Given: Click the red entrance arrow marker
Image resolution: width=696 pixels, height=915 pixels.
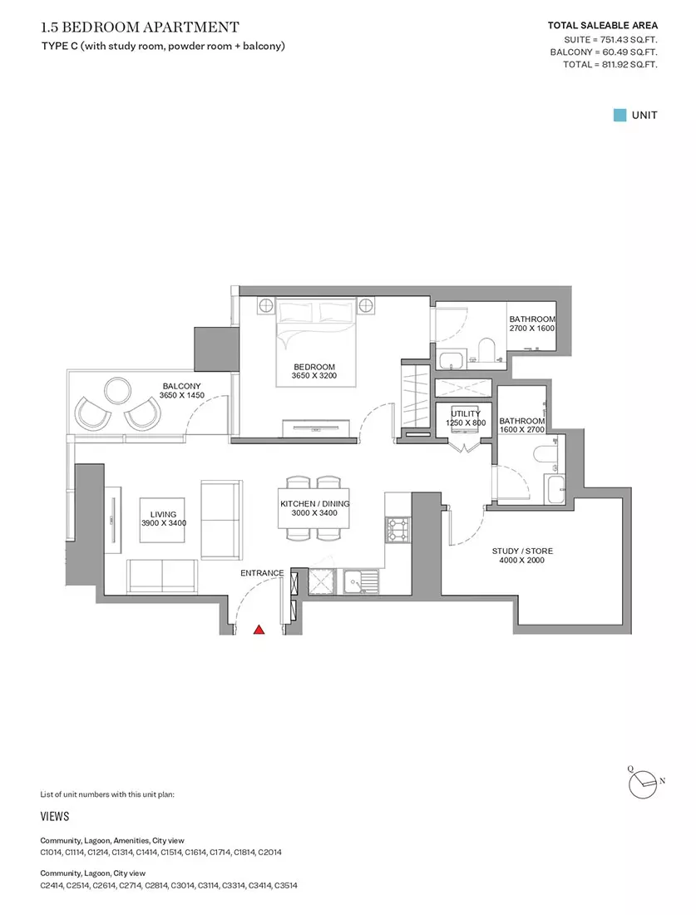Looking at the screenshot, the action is (259, 630).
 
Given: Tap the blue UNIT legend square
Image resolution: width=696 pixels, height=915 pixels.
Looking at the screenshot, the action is (619, 115).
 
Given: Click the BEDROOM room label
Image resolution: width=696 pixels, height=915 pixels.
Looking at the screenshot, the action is (314, 367).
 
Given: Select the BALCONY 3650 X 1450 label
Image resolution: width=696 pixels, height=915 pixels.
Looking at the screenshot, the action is (182, 390).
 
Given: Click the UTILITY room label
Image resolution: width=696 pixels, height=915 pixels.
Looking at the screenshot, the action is (466, 413).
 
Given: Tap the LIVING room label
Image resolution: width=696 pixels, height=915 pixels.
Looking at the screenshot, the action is (163, 514).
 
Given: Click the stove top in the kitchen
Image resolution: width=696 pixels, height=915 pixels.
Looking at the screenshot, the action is (397, 530).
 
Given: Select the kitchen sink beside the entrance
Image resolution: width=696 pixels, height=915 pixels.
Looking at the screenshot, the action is (361, 581).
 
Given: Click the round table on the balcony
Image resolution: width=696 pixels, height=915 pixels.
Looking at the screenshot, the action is (118, 390).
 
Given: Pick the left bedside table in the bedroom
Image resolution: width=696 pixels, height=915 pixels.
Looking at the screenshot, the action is (266, 305).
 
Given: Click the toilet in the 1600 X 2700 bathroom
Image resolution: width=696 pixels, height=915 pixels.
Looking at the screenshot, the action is (546, 454).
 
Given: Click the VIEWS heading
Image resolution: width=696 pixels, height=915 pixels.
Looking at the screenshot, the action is (55, 816).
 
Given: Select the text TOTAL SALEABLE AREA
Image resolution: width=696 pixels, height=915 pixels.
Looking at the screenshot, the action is (603, 25).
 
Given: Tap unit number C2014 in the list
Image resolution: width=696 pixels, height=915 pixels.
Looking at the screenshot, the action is (269, 852).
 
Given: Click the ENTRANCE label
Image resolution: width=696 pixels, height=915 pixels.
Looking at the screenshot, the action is (262, 573).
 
